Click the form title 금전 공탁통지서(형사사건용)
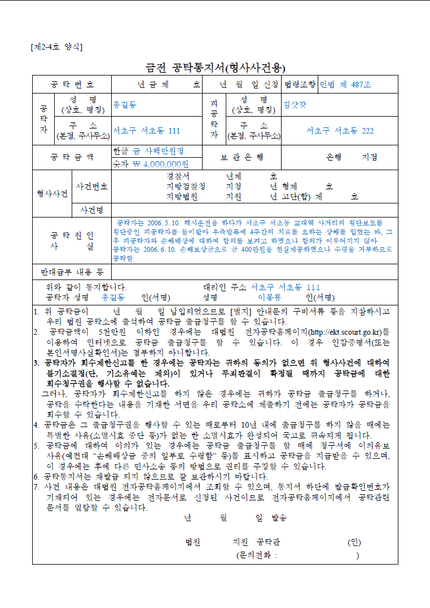click(x=215, y=68)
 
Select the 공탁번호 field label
click(x=72, y=85)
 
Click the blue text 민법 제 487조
click(x=345, y=85)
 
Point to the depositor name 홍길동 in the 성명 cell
click(x=125, y=105)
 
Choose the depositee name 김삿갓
click(x=295, y=105)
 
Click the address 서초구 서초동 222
click(x=340, y=131)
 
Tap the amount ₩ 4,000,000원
click(x=160, y=164)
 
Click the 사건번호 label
click(x=92, y=187)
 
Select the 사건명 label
click(x=92, y=210)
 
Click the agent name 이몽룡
click(x=270, y=297)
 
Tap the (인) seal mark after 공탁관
click(x=354, y=543)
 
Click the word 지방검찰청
click(x=186, y=187)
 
